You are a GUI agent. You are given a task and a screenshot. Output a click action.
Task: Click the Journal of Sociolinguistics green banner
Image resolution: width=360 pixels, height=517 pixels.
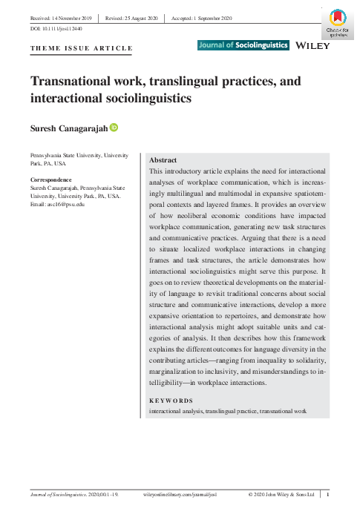click(x=243, y=45)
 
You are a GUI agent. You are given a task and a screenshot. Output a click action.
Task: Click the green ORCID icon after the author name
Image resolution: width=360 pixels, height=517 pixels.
click(x=114, y=128)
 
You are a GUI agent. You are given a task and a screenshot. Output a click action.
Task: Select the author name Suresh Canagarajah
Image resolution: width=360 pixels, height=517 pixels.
click(x=68, y=128)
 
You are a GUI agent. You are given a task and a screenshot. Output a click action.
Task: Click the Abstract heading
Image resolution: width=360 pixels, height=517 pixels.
click(x=163, y=159)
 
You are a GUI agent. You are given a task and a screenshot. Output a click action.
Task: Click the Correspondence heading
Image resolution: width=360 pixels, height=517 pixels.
click(x=51, y=180)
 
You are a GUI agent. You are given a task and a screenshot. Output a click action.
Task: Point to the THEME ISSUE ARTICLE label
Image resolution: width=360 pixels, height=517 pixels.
click(x=81, y=49)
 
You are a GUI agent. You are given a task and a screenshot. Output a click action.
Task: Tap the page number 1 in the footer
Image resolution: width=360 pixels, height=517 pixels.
click(x=329, y=494)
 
